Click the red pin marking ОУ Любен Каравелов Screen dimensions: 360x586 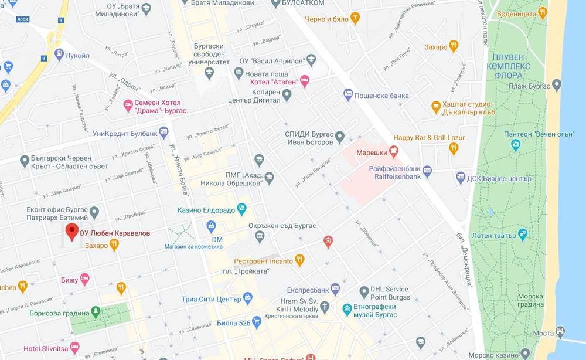[x=71, y=232]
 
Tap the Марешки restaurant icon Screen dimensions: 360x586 [x=393, y=152]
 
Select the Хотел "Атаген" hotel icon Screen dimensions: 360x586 [x=304, y=81]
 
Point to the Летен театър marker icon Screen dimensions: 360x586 [x=523, y=235]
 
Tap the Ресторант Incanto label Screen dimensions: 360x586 [x=263, y=260]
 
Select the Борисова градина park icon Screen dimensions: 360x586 [x=96, y=312]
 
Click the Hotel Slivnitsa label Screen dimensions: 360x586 [x=46, y=348]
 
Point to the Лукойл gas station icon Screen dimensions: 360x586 [x=59, y=55]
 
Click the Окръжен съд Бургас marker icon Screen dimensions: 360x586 [x=260, y=236]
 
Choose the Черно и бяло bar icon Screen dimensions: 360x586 [x=355, y=19]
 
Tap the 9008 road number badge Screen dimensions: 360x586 [x=22, y=19]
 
